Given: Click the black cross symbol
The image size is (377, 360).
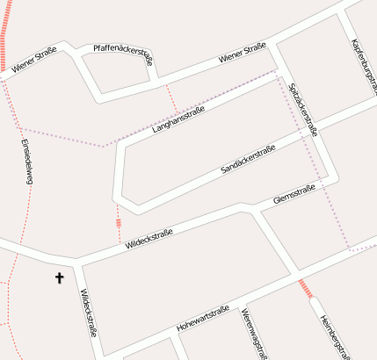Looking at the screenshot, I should [60, 278].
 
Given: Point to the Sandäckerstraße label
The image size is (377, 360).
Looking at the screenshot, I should [249, 157].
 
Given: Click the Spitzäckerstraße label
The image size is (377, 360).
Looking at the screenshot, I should [302, 109].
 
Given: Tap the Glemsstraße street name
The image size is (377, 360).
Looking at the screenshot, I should [294, 194].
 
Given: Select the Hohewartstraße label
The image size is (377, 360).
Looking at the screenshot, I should [202, 318].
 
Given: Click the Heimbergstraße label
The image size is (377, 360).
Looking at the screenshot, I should [336, 335].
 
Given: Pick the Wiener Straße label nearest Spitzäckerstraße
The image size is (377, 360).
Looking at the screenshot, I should [243, 58].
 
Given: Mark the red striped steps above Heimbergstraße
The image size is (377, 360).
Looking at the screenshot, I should [305, 288].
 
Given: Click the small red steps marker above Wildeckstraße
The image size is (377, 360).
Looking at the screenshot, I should [118, 223].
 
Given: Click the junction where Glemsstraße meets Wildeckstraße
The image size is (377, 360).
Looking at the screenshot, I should [247, 210].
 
